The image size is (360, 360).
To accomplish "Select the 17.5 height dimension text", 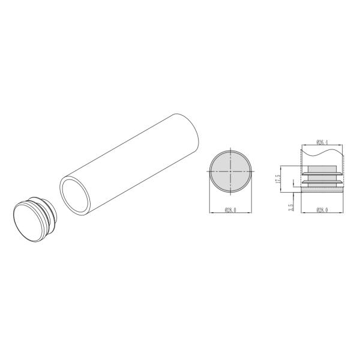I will (278, 179).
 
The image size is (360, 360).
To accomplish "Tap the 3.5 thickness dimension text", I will (290, 207).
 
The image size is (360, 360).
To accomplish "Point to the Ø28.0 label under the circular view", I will (229, 210).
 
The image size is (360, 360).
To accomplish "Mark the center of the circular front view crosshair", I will (229, 172).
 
